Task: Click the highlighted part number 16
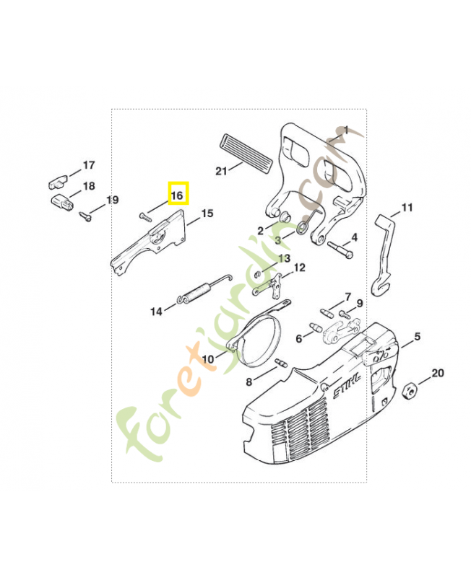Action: (177, 195)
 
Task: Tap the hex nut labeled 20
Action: (409, 391)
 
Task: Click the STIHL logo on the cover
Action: (347, 387)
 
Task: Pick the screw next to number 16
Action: (145, 217)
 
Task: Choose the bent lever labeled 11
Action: (384, 255)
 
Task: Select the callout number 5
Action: (418, 336)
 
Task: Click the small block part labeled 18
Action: (61, 203)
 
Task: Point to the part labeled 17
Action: (58, 182)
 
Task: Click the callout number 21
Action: (221, 171)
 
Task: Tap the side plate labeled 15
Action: (149, 241)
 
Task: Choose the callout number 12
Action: (299, 268)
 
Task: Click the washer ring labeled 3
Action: (302, 228)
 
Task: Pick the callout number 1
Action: (346, 130)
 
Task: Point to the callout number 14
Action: (156, 312)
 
